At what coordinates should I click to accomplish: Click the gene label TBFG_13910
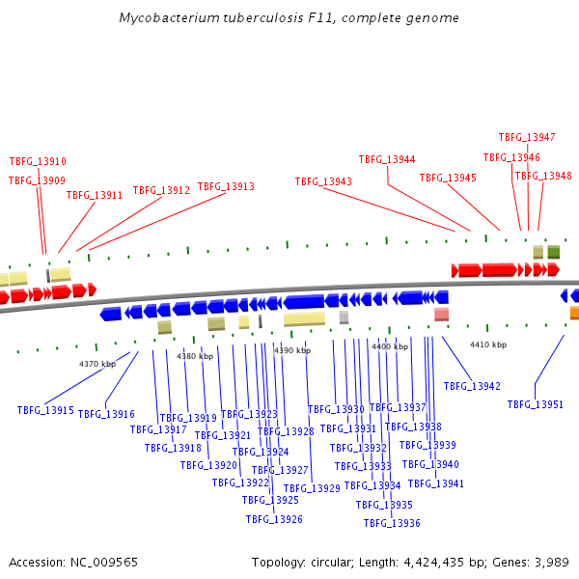click(38, 161)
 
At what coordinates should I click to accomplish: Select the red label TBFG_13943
click(323, 181)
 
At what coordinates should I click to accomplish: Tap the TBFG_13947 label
click(527, 137)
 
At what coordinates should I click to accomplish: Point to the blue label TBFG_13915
click(45, 410)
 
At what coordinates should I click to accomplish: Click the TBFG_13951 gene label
click(536, 404)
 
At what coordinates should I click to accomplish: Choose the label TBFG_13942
click(472, 386)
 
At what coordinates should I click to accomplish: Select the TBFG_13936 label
click(392, 523)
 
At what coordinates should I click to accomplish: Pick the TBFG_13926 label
click(274, 519)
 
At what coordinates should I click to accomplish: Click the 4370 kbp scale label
click(97, 364)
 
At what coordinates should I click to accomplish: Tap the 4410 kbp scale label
click(488, 345)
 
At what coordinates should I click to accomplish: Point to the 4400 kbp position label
click(390, 345)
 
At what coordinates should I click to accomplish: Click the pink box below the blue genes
click(441, 315)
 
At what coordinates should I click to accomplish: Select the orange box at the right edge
click(574, 313)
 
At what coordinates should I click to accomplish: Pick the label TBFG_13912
click(161, 191)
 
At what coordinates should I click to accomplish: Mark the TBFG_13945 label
click(448, 178)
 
